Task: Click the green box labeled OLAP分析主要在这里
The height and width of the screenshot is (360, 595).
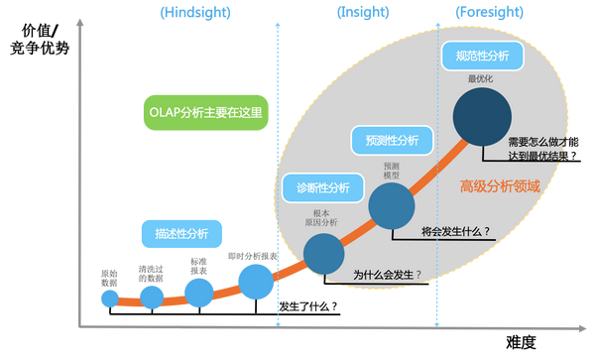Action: tap(203, 113)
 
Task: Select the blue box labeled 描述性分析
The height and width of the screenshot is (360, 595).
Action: tap(181, 234)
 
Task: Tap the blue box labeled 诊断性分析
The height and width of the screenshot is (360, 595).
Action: tap(322, 186)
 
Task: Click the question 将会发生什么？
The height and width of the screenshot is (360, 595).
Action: tap(456, 232)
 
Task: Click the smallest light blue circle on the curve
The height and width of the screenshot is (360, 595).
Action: tap(109, 298)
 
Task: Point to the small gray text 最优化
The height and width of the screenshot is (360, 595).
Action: tap(481, 78)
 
